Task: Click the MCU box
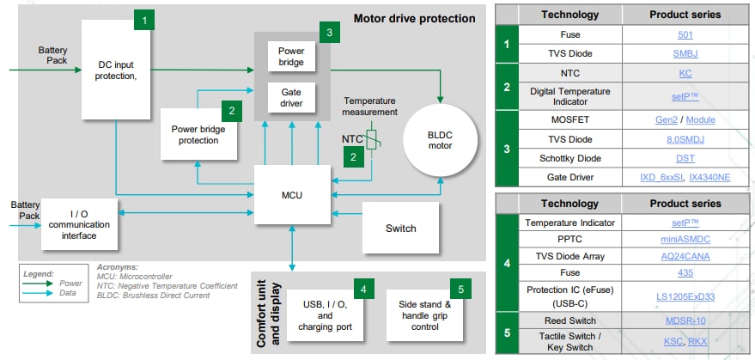coord(291,195)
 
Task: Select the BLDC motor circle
coord(440,139)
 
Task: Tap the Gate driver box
coord(291,97)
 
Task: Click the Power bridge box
coord(291,57)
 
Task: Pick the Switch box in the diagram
coord(400,228)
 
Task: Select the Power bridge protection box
coord(198,135)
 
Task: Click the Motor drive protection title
coord(414,18)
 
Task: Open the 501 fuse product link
coord(685,35)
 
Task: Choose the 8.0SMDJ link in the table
coord(685,138)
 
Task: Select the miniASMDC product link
coord(685,240)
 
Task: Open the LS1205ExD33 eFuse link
coord(685,296)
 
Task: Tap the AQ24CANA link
coord(685,257)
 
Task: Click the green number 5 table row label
coord(506,330)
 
